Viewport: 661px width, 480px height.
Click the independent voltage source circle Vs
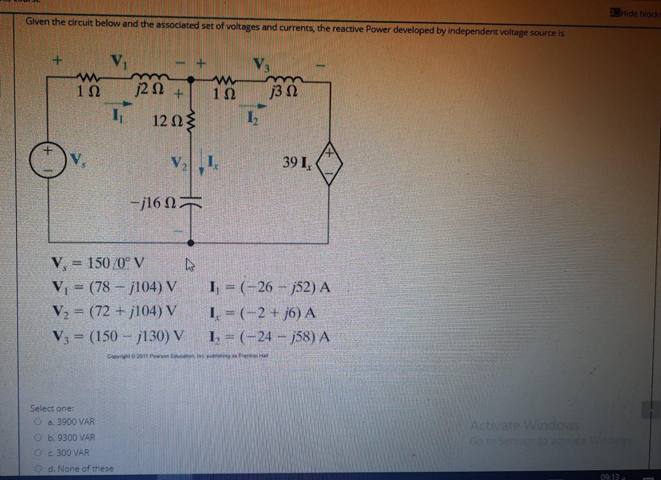point(48,160)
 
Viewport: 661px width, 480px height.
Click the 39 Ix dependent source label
point(298,163)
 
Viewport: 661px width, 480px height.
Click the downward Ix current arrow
point(202,165)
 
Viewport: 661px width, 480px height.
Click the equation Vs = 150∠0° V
point(98,264)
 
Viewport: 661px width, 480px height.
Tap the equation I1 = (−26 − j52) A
point(269,287)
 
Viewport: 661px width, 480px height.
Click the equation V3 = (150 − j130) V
point(118,336)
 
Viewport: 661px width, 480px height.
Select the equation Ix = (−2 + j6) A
point(262,313)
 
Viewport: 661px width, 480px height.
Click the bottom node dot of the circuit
point(190,242)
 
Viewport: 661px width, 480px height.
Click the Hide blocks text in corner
point(640,13)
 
